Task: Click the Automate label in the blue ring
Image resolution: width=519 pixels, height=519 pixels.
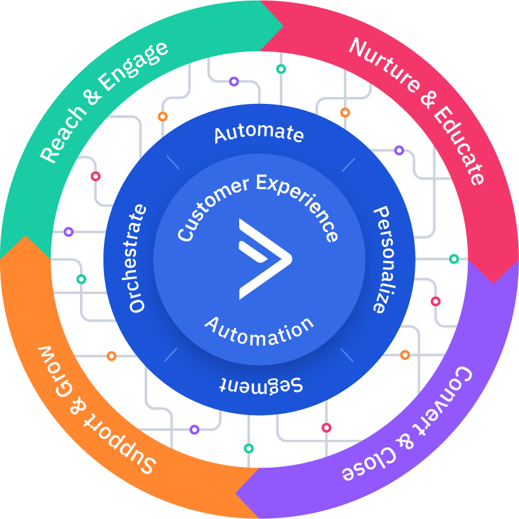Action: coord(259,133)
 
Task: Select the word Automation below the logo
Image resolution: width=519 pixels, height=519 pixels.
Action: coord(259,331)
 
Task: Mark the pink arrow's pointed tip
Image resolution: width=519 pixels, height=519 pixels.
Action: coord(494,281)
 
